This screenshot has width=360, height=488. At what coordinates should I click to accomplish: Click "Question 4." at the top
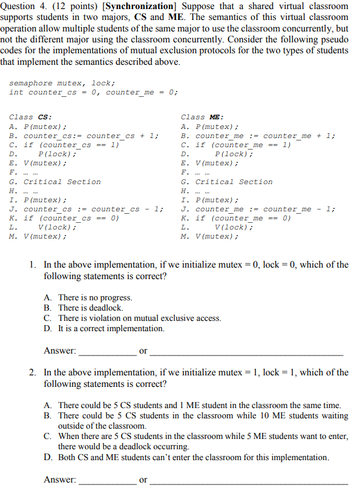[19, 6]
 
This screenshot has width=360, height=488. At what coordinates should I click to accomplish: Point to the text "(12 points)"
[68, 6]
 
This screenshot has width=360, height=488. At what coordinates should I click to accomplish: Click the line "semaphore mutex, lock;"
[62, 83]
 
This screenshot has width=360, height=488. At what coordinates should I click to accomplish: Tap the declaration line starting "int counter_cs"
[93, 92]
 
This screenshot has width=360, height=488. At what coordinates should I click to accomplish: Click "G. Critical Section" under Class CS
[55, 182]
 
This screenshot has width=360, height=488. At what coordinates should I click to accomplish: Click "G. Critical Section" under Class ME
[227, 182]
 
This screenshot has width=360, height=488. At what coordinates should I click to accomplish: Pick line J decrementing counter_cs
[87, 209]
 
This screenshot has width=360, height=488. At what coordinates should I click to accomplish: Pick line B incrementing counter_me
[258, 136]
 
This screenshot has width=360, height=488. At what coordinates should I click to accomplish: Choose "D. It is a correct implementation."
[104, 328]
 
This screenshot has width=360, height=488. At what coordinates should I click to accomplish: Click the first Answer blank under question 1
[107, 351]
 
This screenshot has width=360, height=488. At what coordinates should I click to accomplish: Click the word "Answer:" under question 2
[60, 480]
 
